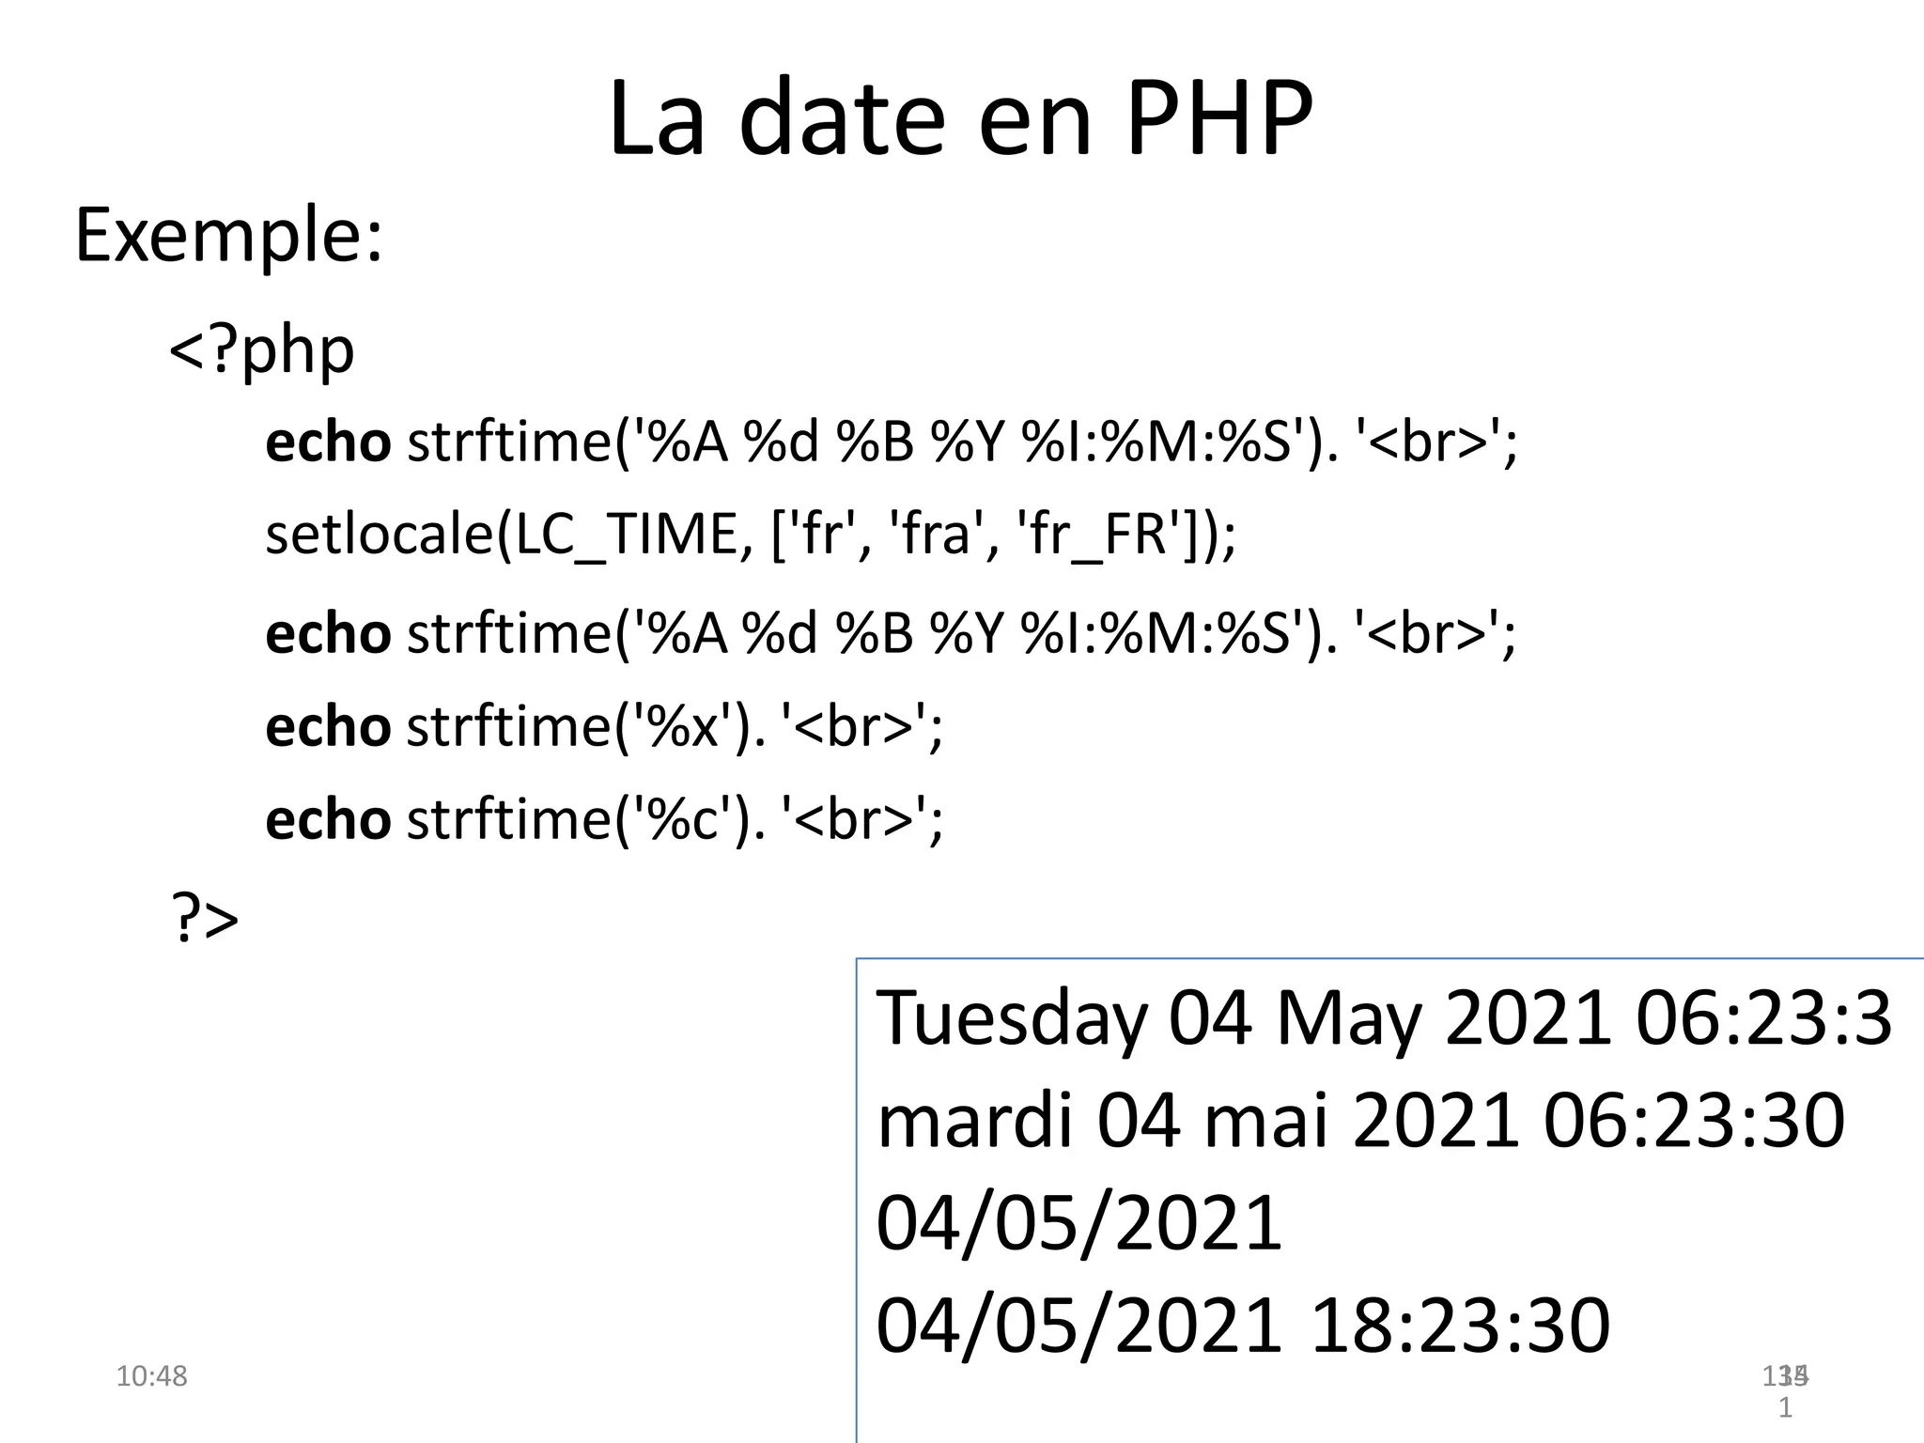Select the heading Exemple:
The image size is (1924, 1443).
228,235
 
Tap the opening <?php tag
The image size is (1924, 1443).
261,349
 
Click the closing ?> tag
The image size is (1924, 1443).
204,919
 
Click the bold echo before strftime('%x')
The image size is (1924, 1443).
327,726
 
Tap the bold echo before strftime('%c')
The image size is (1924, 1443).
327,819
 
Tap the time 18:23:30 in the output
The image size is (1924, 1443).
1460,1325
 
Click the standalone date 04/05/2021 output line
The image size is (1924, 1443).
1078,1222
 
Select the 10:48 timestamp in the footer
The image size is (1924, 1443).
151,1376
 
